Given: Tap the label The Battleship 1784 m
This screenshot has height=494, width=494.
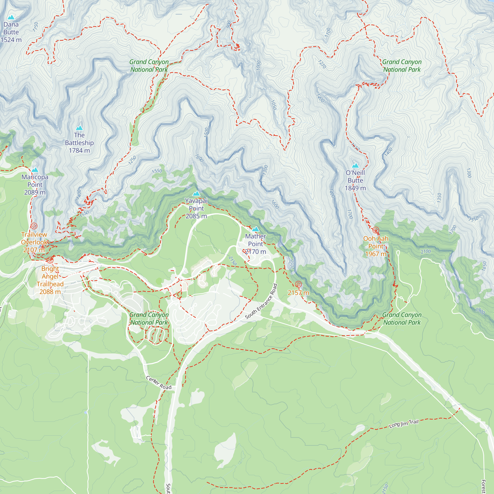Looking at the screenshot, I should click(x=79, y=143).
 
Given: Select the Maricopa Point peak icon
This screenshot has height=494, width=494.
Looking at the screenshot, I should click(x=35, y=170).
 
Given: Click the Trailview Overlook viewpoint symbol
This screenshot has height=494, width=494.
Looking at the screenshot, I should click(x=34, y=226).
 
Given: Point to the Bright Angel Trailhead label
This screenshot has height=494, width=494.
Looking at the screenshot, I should click(x=50, y=280).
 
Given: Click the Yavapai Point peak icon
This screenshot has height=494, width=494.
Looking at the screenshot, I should click(x=196, y=193).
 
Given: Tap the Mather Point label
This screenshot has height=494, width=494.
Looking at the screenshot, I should click(x=255, y=240).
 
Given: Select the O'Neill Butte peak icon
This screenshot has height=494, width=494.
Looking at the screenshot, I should click(x=355, y=165).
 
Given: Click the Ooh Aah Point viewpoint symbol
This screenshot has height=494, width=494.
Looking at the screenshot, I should click(x=376, y=230).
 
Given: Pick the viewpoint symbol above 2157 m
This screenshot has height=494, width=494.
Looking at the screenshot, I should click(x=298, y=284).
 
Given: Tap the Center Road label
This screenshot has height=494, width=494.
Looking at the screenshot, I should click(x=159, y=383).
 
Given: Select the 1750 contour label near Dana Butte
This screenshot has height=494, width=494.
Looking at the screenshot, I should click(x=36, y=27).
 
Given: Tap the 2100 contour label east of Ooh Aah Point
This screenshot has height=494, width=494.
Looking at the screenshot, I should click(x=426, y=252).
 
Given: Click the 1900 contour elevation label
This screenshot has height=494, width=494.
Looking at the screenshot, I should click(x=480, y=311).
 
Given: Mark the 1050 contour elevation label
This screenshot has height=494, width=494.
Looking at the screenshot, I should click(x=274, y=105).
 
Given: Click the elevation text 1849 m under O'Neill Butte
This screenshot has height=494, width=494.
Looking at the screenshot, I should click(x=355, y=188).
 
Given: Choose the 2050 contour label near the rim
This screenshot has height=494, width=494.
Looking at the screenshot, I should click(x=293, y=264).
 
